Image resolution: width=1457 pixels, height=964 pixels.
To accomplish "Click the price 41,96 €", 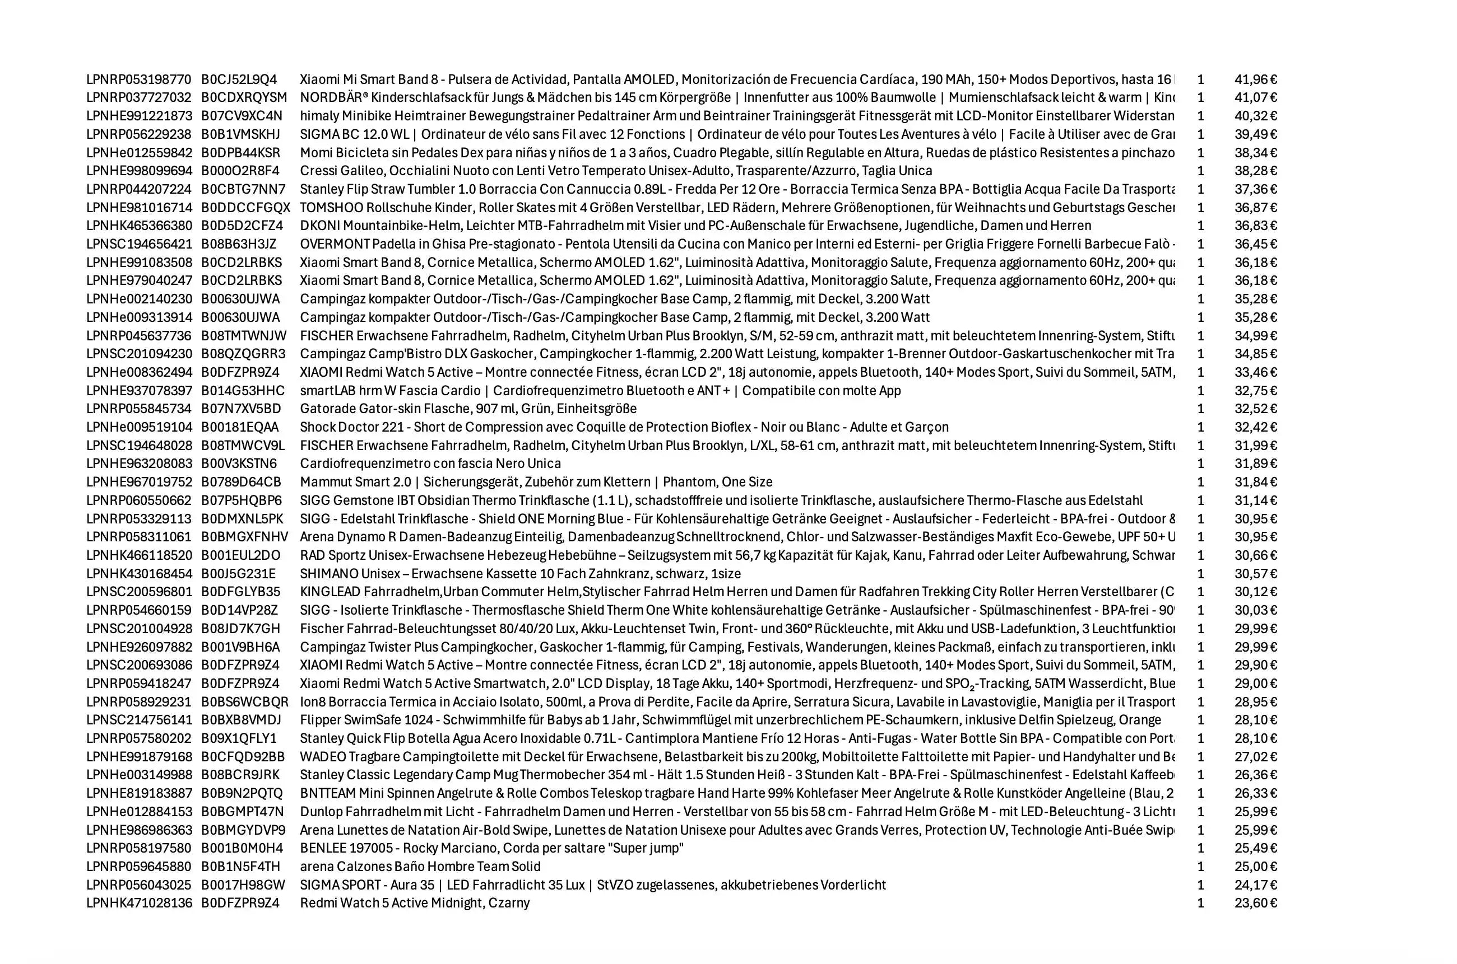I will pos(1255,79).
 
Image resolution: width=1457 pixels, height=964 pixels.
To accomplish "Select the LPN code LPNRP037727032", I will pos(138,98).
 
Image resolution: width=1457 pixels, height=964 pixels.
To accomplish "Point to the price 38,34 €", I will pos(1255,152).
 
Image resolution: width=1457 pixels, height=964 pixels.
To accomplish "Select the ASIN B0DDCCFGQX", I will pos(245,208).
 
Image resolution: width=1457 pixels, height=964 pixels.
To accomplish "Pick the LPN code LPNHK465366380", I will pos(138,226).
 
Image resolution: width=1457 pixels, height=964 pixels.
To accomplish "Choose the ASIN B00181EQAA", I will pos(239,427).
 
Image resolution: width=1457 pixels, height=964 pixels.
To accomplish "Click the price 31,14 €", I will pos(1255,500).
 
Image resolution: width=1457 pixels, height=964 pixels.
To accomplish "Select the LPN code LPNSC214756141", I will pos(138,720).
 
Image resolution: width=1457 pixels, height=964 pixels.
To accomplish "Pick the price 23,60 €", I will pos(1255,903).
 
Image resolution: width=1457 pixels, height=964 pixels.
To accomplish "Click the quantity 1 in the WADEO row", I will pos(1200,757).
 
